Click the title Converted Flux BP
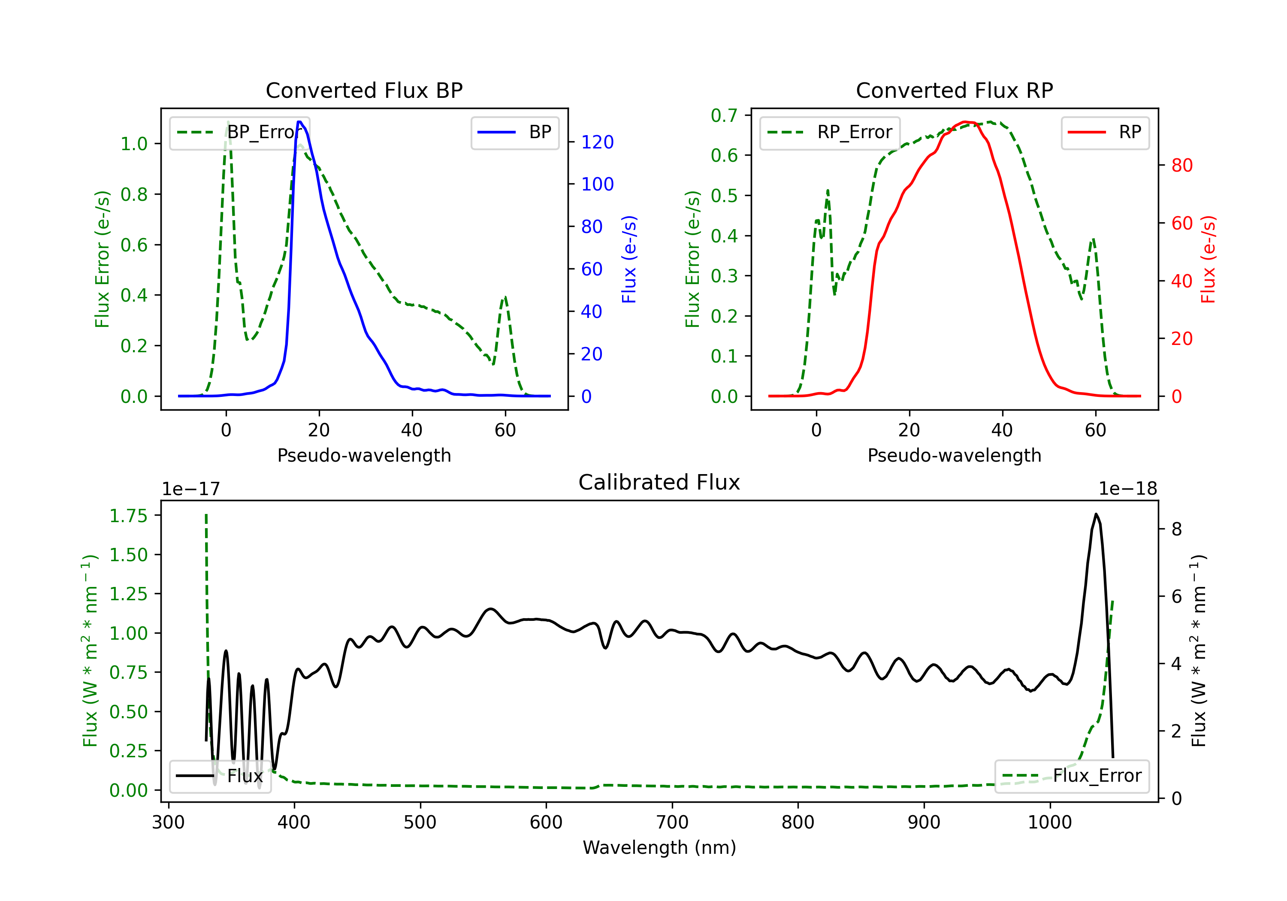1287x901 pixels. (x=364, y=90)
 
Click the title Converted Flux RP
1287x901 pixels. (x=954, y=90)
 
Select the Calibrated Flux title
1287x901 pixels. (x=659, y=482)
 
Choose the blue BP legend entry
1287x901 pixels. (x=514, y=132)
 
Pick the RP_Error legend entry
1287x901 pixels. (x=830, y=132)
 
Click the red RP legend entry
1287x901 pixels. (x=1105, y=132)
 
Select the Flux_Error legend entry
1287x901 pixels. (x=1072, y=776)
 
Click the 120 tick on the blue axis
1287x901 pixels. (x=598, y=142)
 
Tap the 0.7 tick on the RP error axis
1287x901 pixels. (x=724, y=115)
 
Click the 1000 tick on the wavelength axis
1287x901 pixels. (x=1050, y=822)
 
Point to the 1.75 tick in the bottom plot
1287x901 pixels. (x=128, y=516)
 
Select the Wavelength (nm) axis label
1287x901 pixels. (x=659, y=848)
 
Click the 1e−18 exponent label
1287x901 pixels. (x=1128, y=489)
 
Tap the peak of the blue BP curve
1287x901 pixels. (x=300, y=122)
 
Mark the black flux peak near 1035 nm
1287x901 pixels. (x=1096, y=514)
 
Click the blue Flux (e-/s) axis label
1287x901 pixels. (x=629, y=259)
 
